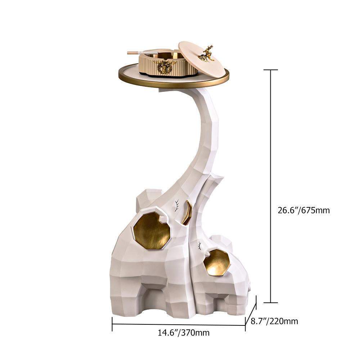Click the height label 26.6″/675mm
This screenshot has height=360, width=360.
tap(303, 210)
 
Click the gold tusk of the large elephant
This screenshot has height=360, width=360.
tap(187, 212)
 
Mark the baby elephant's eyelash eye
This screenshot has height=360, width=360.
tap(199, 246)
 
